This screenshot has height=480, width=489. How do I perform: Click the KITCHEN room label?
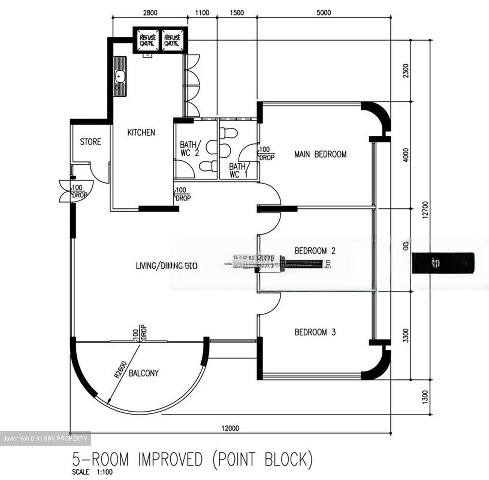tap(141, 132)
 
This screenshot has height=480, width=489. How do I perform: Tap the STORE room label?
tap(90, 142)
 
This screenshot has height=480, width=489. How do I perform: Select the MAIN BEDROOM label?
tap(320, 154)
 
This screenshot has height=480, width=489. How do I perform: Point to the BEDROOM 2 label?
tap(315, 251)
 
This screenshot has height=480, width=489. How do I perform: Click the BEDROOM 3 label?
tap(315, 332)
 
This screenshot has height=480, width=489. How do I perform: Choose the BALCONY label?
tap(143, 373)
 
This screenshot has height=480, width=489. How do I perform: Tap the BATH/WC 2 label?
tap(190, 149)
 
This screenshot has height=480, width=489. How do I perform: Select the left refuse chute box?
tap(148, 40)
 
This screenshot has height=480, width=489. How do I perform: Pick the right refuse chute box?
tap(172, 40)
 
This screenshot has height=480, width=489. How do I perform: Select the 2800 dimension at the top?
tap(150, 13)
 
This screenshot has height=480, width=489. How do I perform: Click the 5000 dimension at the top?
tap(323, 13)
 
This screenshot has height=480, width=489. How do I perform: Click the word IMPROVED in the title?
tap(170, 459)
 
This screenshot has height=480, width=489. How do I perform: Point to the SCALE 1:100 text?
tap(92, 472)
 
